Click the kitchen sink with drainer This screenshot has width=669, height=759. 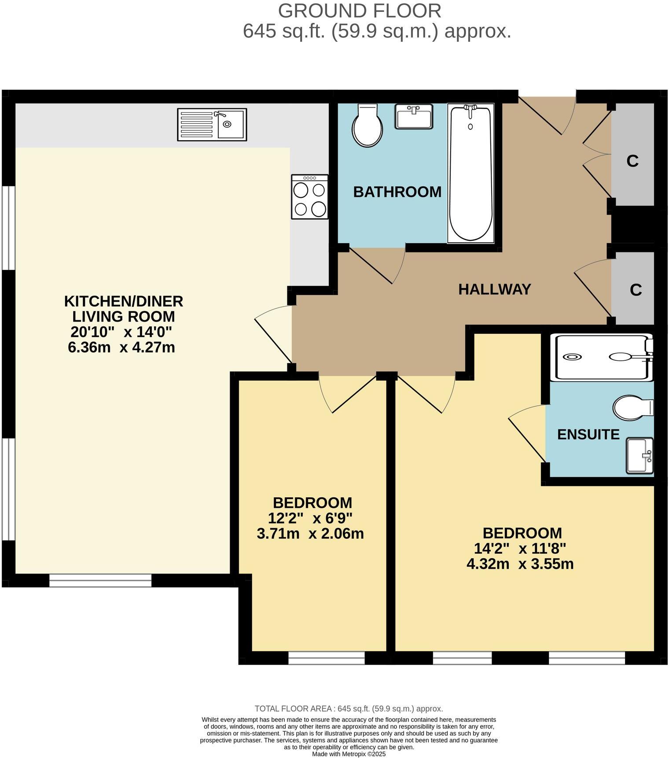click(x=212, y=125)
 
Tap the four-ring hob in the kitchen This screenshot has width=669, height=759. click(x=309, y=197)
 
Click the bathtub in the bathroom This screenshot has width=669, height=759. click(x=471, y=173)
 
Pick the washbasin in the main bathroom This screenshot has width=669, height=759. click(x=414, y=117)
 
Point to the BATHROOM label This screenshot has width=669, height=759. click(x=397, y=192)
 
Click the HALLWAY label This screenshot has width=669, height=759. click(x=495, y=289)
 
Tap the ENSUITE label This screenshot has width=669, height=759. click(x=588, y=435)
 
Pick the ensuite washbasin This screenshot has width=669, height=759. click(x=640, y=456)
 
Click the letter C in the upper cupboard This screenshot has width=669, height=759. click(x=632, y=162)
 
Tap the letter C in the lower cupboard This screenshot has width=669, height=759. click(x=636, y=290)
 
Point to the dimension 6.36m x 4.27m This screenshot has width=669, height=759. click(x=121, y=348)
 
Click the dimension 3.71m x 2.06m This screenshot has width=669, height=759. click(x=310, y=534)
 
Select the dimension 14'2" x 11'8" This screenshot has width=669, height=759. click(x=520, y=549)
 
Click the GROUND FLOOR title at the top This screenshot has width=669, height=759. click(x=359, y=11)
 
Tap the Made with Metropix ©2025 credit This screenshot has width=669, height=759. click(x=349, y=754)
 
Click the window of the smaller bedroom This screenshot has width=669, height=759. click(x=327, y=658)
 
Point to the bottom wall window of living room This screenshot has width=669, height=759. click(x=100, y=581)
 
